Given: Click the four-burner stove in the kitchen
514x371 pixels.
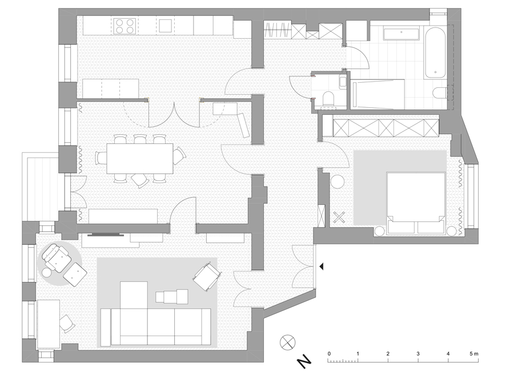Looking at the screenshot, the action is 125,26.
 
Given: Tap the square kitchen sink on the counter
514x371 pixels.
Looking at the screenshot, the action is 166,26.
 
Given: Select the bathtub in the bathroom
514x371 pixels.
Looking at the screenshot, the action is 435,53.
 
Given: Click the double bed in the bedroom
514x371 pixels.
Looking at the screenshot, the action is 416,203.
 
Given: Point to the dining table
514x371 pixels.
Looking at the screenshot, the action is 140,159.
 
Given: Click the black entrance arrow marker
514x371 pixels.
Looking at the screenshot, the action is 321,267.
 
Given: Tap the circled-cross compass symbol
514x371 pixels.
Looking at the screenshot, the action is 287,342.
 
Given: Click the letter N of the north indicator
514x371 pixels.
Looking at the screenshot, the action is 304,361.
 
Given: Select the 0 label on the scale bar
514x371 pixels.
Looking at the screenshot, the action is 329,354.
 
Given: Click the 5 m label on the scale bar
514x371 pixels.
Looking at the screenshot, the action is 473,354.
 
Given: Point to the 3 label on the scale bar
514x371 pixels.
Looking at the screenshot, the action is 418,354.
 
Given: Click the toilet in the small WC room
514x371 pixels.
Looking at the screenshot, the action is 328,99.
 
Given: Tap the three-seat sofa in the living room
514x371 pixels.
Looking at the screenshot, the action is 156,327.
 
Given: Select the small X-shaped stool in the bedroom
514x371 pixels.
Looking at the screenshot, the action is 339,217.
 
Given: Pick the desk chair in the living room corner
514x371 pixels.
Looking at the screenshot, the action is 67,324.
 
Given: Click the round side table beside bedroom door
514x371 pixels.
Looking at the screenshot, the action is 336,182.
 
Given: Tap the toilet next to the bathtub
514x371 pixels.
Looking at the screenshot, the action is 440,92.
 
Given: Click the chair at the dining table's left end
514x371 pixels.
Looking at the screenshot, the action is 101,158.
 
